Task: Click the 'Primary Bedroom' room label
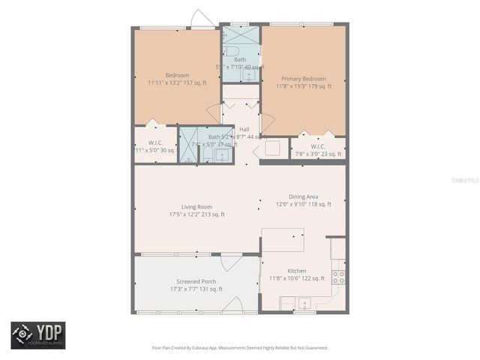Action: (x=304, y=78)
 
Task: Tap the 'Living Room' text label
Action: (x=196, y=207)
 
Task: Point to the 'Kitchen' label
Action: (x=297, y=271)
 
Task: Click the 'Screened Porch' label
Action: (x=196, y=282)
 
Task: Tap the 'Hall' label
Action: (x=244, y=129)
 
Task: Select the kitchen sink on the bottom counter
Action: (x=304, y=303)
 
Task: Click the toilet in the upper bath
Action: (x=228, y=49)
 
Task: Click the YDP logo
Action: (x=37, y=335)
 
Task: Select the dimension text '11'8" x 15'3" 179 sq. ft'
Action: (x=304, y=86)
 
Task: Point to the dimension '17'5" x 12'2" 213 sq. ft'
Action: (x=196, y=214)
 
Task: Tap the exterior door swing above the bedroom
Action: (x=201, y=19)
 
